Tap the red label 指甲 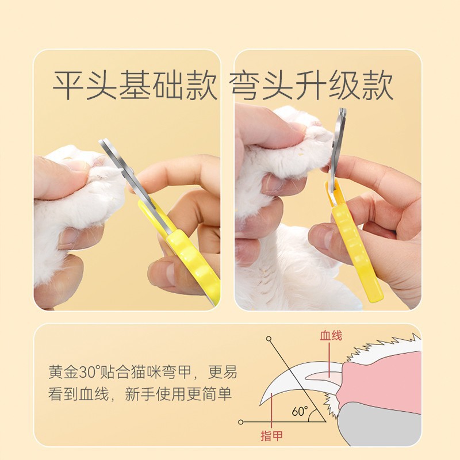tap(273, 436)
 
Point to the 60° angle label tap(299, 412)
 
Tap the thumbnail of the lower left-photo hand tap(163, 274)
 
